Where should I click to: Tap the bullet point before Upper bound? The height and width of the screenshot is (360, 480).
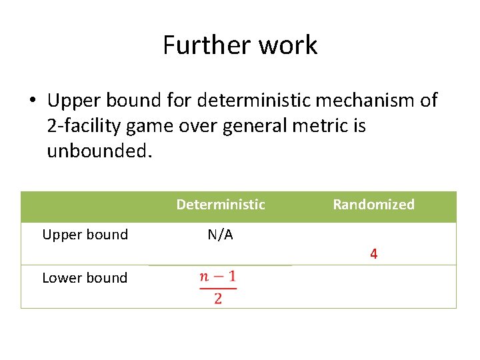(x=32, y=101)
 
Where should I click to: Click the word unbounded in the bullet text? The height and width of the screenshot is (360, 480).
(x=99, y=151)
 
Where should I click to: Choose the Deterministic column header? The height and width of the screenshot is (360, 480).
(x=221, y=205)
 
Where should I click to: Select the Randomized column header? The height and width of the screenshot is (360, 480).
(x=373, y=205)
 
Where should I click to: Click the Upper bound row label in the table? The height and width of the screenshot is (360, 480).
(x=85, y=235)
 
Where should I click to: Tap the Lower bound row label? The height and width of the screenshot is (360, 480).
(x=85, y=278)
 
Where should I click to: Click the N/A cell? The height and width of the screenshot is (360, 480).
(x=220, y=235)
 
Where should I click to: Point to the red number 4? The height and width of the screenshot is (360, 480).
(x=373, y=254)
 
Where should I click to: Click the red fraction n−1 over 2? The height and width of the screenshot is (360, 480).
(x=218, y=287)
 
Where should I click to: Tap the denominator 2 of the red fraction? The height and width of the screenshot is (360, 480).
(x=218, y=298)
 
